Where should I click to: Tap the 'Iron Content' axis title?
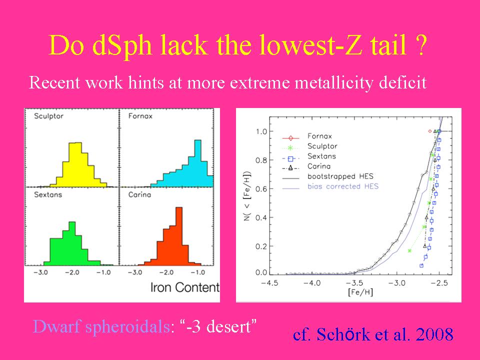185,287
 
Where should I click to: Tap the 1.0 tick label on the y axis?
261,131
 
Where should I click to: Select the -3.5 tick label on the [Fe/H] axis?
354,283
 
